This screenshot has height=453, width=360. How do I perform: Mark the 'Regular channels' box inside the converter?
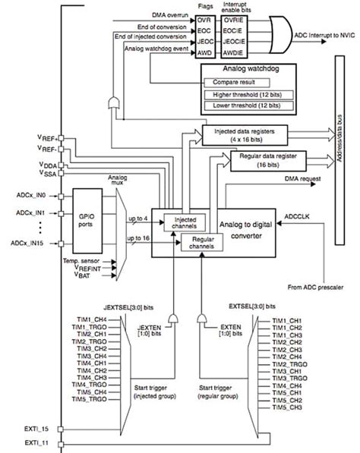pos(201,243)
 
